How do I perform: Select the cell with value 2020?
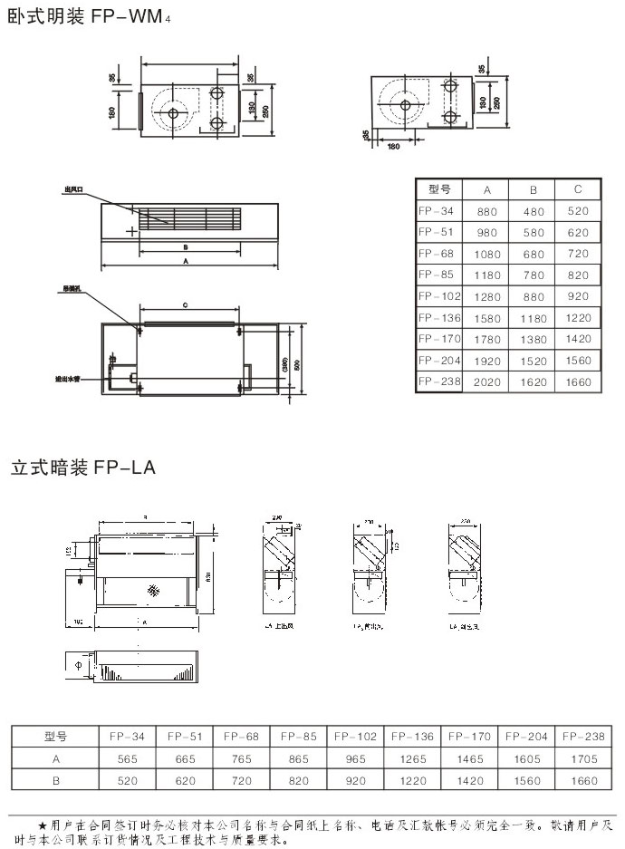[486, 381]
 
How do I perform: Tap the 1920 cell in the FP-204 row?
[486, 361]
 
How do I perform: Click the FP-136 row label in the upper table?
[440, 318]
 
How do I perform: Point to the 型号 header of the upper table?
[439, 189]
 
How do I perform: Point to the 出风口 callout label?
[73, 189]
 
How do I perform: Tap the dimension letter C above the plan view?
[185, 306]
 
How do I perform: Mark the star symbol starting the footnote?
[42, 825]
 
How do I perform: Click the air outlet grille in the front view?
[191, 218]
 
